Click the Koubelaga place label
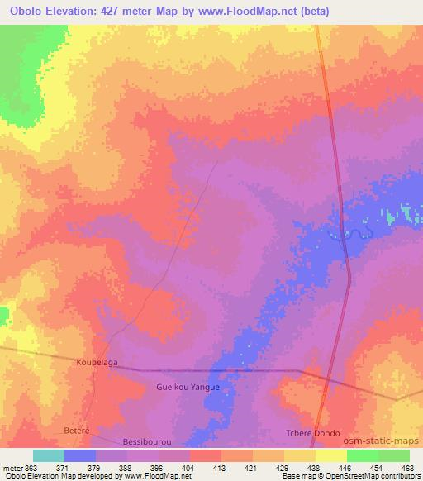[99, 362]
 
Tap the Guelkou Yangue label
[186, 387]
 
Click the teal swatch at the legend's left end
[49, 455]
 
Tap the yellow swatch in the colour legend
[331, 455]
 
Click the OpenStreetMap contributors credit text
[364, 476]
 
